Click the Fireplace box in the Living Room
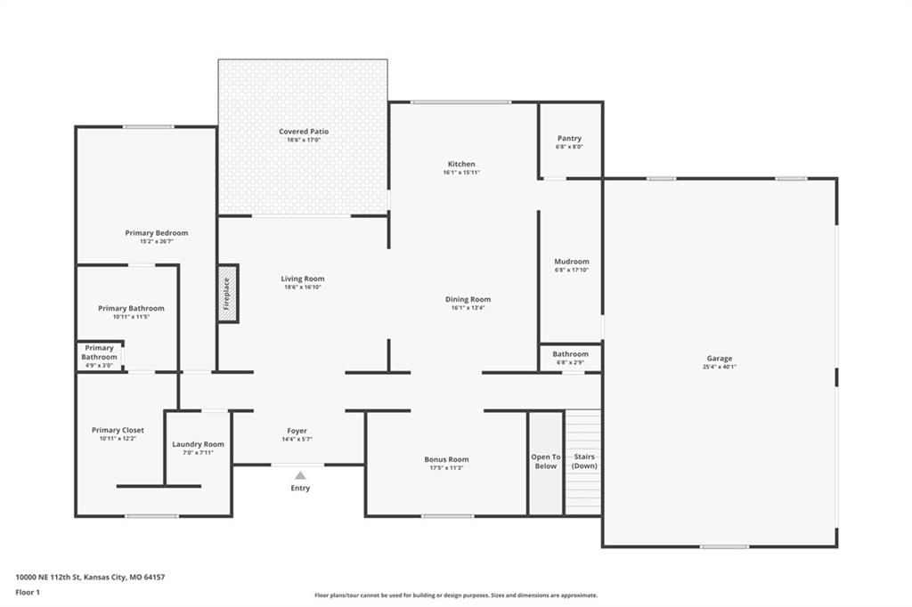pyautogui.click(x=228, y=294)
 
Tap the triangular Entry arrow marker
pyautogui.click(x=300, y=475)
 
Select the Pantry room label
pyautogui.click(x=569, y=138)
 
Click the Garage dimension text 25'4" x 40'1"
pyautogui.click(x=720, y=367)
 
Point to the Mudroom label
pyautogui.click(x=572, y=262)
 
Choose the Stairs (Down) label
pyautogui.click(x=584, y=461)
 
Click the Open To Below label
pyautogui.click(x=546, y=461)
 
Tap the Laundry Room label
pyautogui.click(x=198, y=444)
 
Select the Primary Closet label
pyautogui.click(x=118, y=430)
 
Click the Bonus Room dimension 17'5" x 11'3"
pyautogui.click(x=447, y=467)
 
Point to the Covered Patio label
pyautogui.click(x=304, y=132)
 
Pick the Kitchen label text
pyautogui.click(x=461, y=164)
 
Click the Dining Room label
pyautogui.click(x=468, y=299)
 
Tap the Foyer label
pyautogui.click(x=297, y=431)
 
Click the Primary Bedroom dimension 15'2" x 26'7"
pyautogui.click(x=157, y=241)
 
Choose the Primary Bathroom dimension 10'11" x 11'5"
pyautogui.click(x=132, y=317)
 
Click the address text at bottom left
pyautogui.click(x=90, y=578)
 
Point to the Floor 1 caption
pyautogui.click(x=28, y=593)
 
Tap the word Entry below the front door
pyautogui.click(x=300, y=489)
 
